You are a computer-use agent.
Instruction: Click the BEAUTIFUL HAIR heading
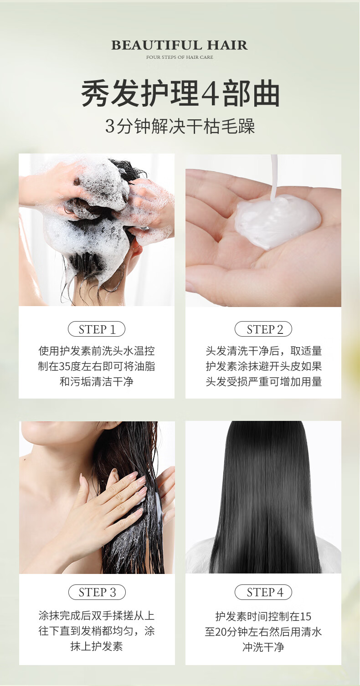point(180,45)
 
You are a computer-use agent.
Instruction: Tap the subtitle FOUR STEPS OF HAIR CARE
point(180,57)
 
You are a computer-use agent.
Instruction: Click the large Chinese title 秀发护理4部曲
point(180,93)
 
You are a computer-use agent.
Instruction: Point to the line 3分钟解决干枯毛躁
point(180,126)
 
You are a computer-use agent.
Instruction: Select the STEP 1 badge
point(97,329)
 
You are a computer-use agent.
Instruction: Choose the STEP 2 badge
point(263,329)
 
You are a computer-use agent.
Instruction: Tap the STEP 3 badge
point(97,592)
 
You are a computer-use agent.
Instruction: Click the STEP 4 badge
point(263,592)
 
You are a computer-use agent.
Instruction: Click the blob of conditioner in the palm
point(277,220)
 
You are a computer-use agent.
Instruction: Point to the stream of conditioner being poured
point(274,178)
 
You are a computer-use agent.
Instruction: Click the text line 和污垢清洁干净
point(97,382)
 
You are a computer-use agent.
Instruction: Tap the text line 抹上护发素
point(97,646)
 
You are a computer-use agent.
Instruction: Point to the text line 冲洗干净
point(263,647)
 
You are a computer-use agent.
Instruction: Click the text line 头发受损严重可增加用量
point(263,382)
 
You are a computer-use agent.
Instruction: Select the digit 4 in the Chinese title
point(211,93)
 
